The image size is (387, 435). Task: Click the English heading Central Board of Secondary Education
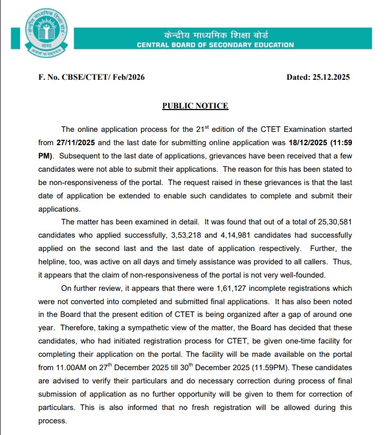215,45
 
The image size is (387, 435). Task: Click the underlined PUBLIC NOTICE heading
195,106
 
